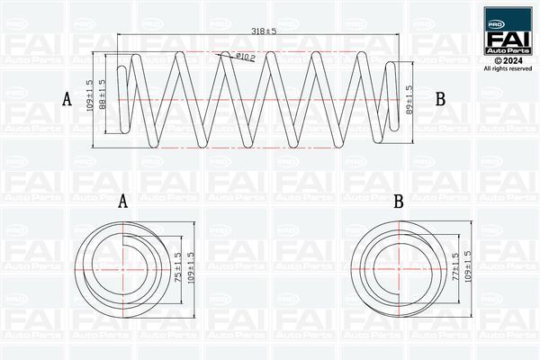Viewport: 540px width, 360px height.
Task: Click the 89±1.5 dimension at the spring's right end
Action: [x=409, y=101]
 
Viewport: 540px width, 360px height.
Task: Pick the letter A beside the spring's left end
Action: [x=67, y=99]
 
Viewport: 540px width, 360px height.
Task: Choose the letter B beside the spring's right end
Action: [x=440, y=99]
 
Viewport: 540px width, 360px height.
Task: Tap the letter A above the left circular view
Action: [x=123, y=202]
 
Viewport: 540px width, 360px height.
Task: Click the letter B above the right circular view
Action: [x=398, y=202]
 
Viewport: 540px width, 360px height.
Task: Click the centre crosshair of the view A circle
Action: [x=122, y=268]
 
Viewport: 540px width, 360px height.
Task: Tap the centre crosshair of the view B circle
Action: [x=399, y=268]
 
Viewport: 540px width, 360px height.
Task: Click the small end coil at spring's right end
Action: [x=391, y=99]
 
